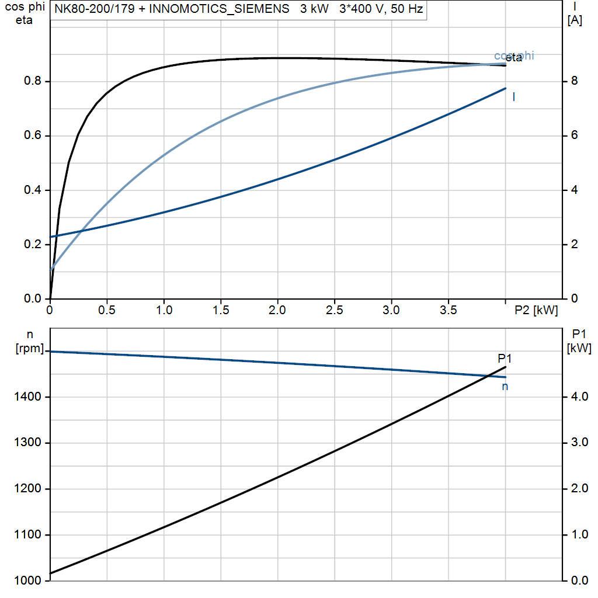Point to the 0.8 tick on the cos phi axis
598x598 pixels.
(x=36, y=82)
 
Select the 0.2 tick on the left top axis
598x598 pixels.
(x=36, y=245)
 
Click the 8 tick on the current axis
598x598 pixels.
(x=574, y=81)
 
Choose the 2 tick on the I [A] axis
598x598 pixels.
(x=574, y=244)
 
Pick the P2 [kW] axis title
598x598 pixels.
(x=536, y=311)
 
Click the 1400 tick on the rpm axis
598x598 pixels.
(x=29, y=397)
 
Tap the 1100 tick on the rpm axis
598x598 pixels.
(x=29, y=535)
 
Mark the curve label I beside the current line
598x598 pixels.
(x=513, y=97)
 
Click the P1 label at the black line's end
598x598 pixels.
(x=505, y=359)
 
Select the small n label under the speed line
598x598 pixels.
(x=505, y=386)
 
